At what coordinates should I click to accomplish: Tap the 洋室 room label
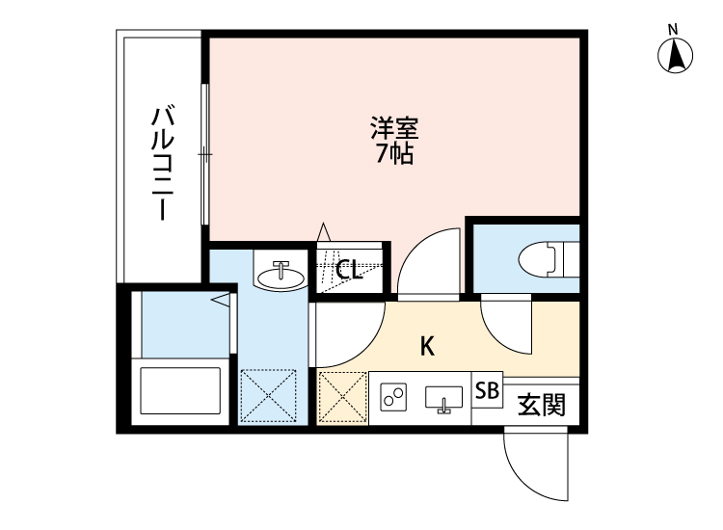(394, 128)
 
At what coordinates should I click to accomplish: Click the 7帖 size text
(394, 154)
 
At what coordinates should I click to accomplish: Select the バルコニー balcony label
(161, 164)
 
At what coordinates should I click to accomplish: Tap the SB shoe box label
(488, 391)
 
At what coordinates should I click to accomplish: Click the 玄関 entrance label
(542, 404)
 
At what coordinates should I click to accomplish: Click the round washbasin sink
(281, 275)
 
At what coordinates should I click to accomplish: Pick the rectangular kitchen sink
(444, 398)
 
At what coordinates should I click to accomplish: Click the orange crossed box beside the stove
(342, 397)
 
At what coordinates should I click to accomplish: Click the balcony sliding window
(204, 154)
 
